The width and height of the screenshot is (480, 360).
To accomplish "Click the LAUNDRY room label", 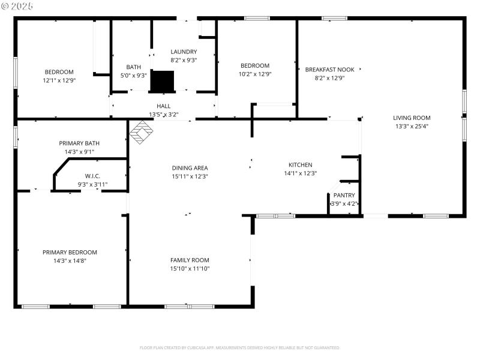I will point(184,52).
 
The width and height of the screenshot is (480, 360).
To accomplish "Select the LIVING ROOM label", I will point(412,118).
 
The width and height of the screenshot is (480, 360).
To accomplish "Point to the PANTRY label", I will point(344,195).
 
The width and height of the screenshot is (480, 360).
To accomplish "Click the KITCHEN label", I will point(300,165).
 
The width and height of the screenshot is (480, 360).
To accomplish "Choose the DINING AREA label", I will point(190,168).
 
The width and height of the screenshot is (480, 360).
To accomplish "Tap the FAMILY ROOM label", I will point(190,260).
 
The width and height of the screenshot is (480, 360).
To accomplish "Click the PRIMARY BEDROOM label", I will point(70,253).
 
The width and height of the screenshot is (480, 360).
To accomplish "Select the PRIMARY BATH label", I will point(79,143).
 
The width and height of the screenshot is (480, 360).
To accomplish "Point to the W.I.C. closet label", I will point(92,176).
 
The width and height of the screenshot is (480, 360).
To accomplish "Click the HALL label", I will point(164,106).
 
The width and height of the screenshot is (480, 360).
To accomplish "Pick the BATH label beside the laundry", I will point(133,67).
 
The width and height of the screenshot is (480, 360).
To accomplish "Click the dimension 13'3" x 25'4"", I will point(412,126).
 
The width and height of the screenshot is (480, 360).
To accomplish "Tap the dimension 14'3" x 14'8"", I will point(70,261).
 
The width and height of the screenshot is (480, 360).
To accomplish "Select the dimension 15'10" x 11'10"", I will point(190,268).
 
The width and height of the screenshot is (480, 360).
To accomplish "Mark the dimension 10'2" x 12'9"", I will point(255,74).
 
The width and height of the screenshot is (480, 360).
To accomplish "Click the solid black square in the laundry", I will point(161,81).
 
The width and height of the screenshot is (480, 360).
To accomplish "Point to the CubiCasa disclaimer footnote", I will point(240,348).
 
